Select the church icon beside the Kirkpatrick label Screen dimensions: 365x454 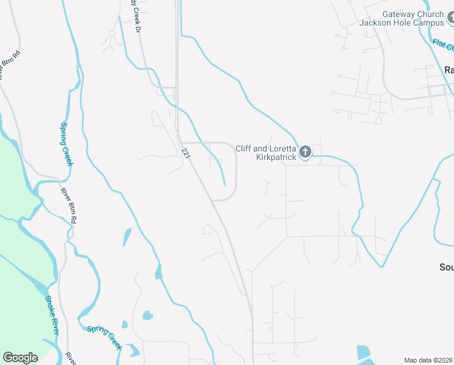point(305,152)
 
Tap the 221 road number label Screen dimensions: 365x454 point(186,156)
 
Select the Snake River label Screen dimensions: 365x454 point(52,315)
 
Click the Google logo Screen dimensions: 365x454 point(20,358)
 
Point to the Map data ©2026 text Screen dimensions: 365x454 point(429,360)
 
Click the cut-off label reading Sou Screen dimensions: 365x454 point(446,267)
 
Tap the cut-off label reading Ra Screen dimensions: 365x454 point(449,70)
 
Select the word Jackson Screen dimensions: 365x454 point(375,23)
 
